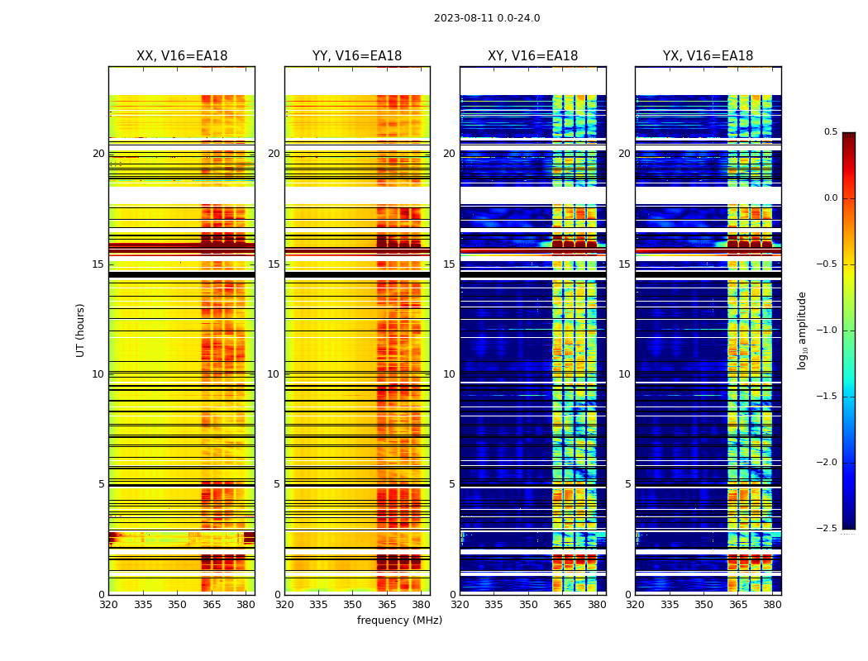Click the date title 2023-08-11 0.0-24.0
[x=487, y=18]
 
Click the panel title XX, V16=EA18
[x=182, y=56]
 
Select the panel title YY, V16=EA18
[x=357, y=56]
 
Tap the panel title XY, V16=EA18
[x=532, y=56]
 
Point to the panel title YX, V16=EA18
[x=708, y=56]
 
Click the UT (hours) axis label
[x=80, y=330]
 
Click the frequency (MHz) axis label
[x=399, y=621]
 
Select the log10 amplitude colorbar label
[x=802, y=330]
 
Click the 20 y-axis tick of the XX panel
[x=98, y=154]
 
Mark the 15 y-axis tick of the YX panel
[x=625, y=264]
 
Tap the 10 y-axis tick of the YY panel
[x=274, y=374]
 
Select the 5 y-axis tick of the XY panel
[x=452, y=484]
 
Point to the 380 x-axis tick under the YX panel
[x=772, y=605]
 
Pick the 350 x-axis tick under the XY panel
[x=528, y=605]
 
